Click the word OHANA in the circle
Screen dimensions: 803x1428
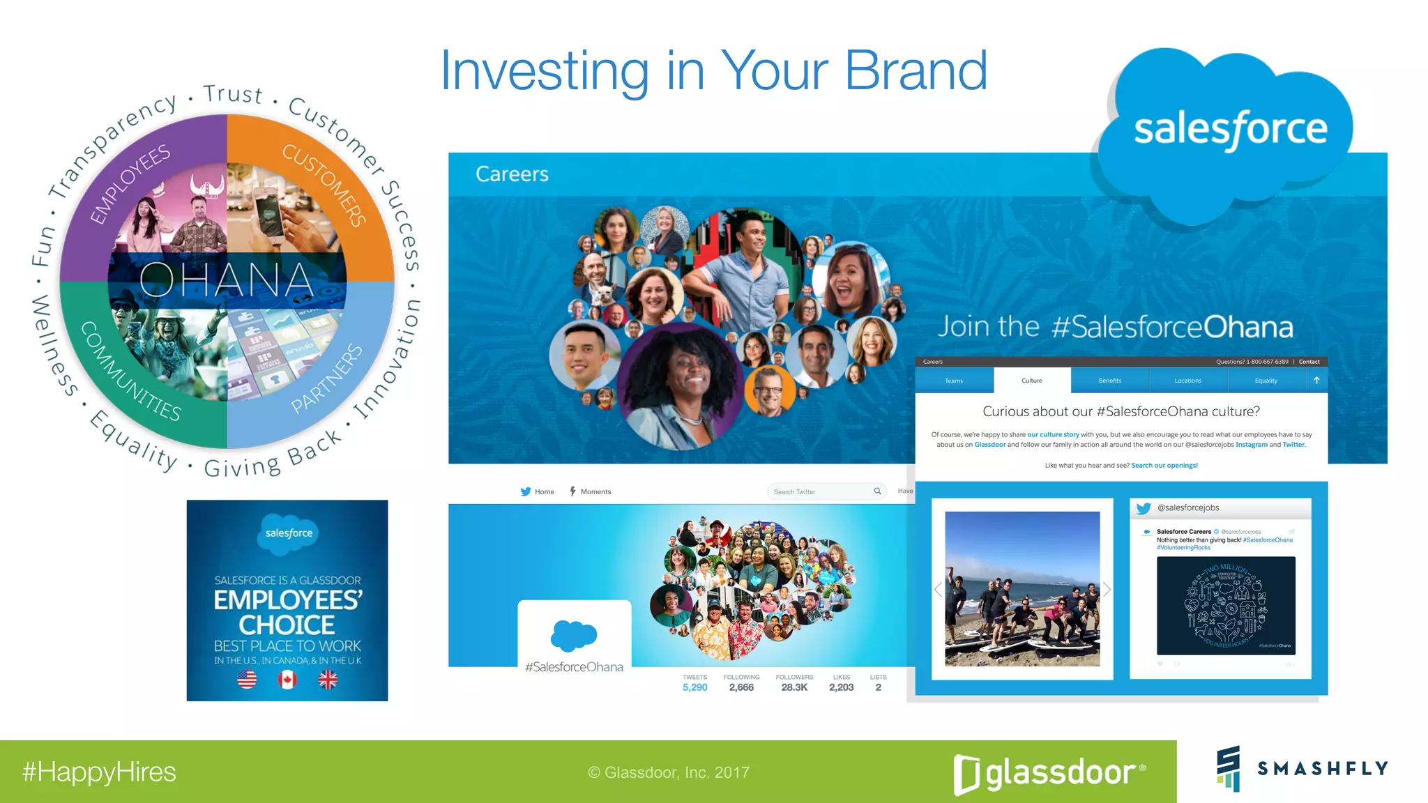click(227, 280)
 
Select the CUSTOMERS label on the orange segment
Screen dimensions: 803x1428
click(325, 185)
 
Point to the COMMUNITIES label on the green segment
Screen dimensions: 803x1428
click(130, 372)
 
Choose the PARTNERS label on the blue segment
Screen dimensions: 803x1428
click(327, 378)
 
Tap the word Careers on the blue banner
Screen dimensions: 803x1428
click(512, 174)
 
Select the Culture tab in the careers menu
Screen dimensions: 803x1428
click(1031, 381)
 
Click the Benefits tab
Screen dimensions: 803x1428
click(1109, 381)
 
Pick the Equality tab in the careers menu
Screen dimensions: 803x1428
click(1266, 381)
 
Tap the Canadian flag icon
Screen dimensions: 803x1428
click(287, 679)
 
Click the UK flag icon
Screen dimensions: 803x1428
click(328, 679)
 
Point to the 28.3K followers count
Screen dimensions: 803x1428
click(794, 687)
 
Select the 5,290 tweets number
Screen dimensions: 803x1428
click(694, 687)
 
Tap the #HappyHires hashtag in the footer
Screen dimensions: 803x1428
click(99, 772)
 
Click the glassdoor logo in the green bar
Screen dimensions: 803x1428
click(1049, 773)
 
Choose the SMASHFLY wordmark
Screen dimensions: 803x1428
click(1323, 768)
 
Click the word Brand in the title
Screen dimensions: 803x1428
click(916, 71)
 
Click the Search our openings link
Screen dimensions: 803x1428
click(1164, 465)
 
